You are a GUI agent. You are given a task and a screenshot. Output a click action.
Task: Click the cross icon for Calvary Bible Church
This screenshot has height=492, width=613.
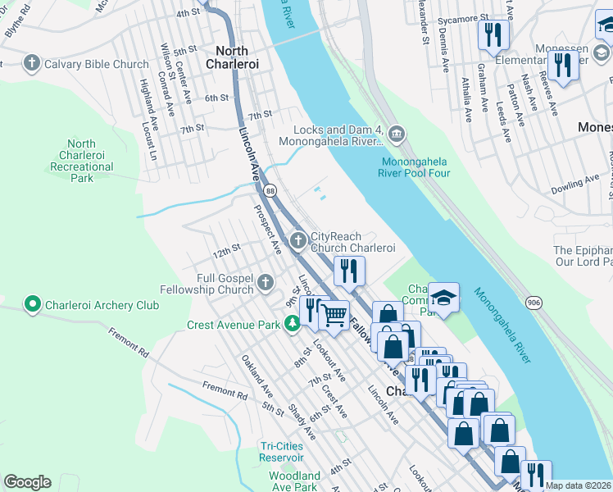tap(32, 63)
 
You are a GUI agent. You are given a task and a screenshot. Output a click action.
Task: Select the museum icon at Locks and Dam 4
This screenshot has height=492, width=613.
tap(396, 134)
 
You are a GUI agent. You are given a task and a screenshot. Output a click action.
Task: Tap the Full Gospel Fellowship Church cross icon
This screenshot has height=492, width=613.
tap(265, 283)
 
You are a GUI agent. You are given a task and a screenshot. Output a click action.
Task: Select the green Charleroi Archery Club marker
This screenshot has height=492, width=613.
tap(33, 305)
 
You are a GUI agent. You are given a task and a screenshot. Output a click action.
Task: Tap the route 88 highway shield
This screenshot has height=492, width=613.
tap(270, 190)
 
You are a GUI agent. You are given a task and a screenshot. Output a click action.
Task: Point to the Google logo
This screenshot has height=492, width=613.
tap(27, 482)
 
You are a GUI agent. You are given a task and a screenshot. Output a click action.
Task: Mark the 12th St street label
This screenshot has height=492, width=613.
tap(225, 248)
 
